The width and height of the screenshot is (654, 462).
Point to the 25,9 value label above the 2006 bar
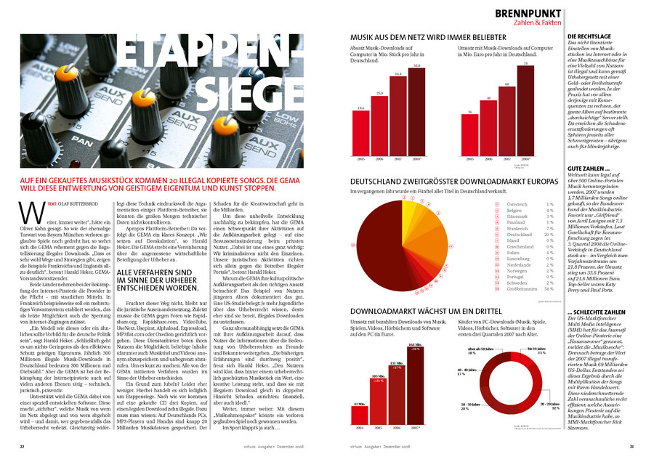379,93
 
